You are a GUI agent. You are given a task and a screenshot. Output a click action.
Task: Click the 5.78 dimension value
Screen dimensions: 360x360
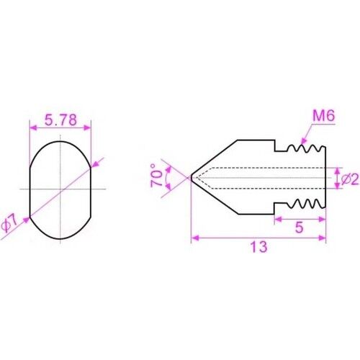pos(60,120)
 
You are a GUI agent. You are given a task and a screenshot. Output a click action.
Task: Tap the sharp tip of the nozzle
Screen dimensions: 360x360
pos(191,176)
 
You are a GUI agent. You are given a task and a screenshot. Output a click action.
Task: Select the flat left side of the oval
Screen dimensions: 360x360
pos(30,189)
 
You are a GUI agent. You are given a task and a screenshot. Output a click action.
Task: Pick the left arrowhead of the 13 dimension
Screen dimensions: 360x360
pos(194,240)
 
